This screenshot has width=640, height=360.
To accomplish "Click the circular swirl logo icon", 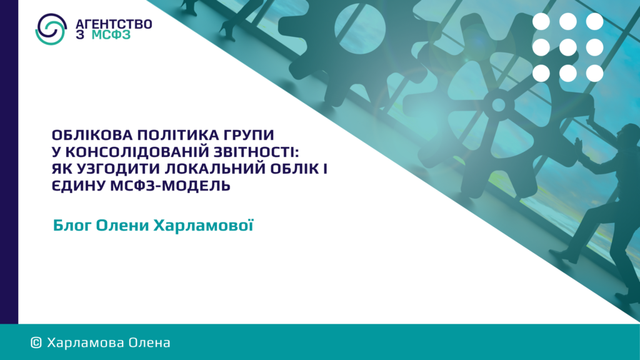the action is click(51, 29).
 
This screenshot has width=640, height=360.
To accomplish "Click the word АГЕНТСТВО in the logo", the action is click(114, 24).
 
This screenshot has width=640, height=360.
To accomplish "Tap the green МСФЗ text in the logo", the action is click(111, 35).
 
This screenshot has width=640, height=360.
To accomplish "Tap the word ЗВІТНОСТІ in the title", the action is click(254, 152).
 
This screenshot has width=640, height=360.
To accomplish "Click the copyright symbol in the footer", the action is click(36, 343).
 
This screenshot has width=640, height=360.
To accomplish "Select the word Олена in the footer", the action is click(149, 342).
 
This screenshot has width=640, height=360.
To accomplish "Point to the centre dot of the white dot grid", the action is click(567, 47).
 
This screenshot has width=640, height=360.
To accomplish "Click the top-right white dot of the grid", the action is click(595, 21).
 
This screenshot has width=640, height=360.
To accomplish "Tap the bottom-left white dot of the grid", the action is click(541, 74).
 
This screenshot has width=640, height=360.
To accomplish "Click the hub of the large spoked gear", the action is click(498, 105).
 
